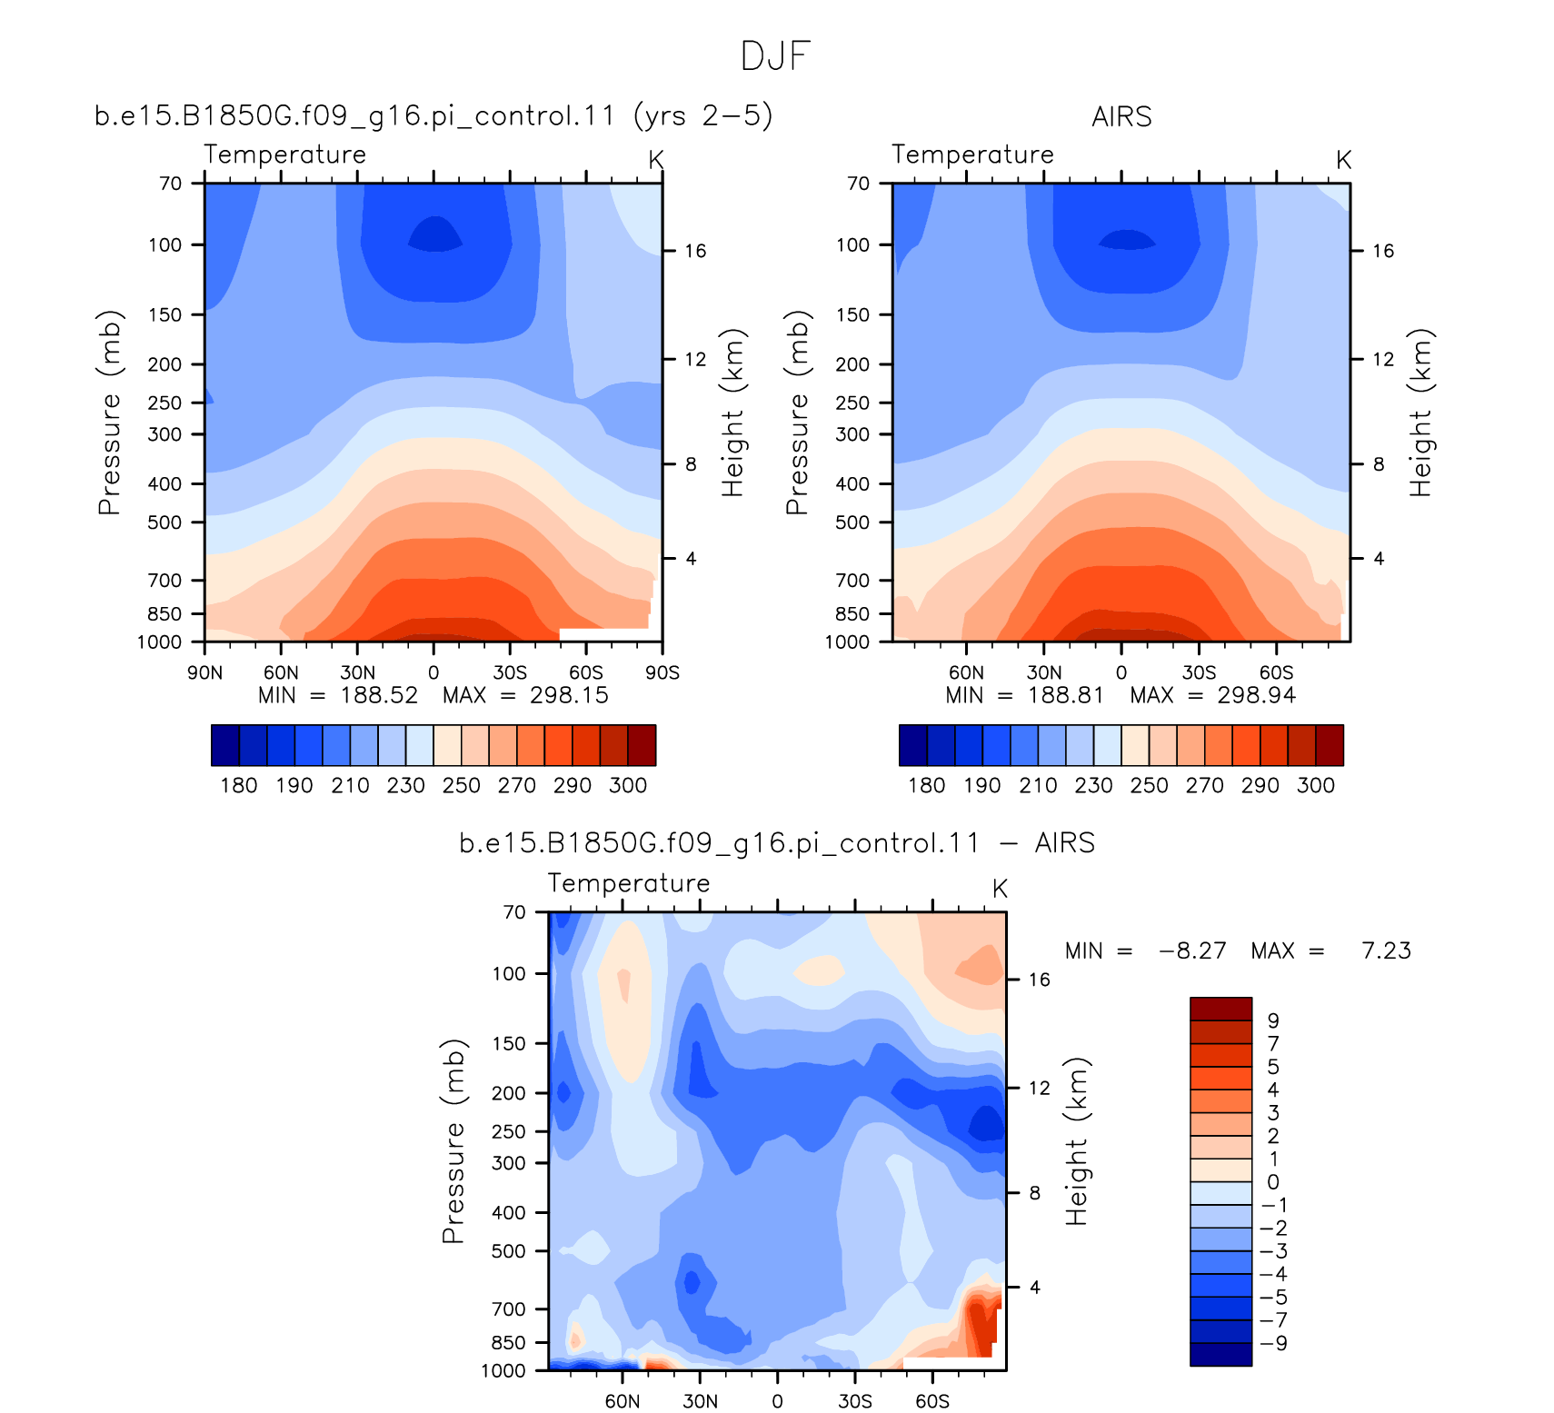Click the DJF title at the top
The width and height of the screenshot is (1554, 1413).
pyautogui.click(x=775, y=56)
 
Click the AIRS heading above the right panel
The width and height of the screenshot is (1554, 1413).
pyautogui.click(x=1121, y=117)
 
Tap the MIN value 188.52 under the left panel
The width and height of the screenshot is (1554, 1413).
pyautogui.click(x=379, y=695)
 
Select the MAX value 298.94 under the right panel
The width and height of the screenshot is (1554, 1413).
pyautogui.click(x=1257, y=695)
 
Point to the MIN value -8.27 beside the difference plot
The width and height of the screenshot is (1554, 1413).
pyautogui.click(x=1192, y=951)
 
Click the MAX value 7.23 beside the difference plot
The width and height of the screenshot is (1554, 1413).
pyautogui.click(x=1386, y=951)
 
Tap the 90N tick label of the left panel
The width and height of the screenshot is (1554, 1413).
pyautogui.click(x=204, y=672)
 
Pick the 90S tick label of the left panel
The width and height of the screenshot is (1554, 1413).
pyautogui.click(x=662, y=672)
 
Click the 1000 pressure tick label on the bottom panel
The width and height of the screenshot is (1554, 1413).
pyautogui.click(x=503, y=1371)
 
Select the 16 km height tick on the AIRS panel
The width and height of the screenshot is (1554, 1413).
pyautogui.click(x=1382, y=251)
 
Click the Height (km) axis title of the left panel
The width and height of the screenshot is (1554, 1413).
pyautogui.click(x=732, y=413)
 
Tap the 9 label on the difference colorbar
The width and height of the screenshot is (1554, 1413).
pyautogui.click(x=1273, y=1020)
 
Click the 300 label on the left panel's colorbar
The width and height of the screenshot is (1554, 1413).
pyautogui.click(x=628, y=785)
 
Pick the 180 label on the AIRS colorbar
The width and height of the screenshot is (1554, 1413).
pyautogui.click(x=927, y=785)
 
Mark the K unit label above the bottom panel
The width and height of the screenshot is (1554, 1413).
pyautogui.click(x=1000, y=889)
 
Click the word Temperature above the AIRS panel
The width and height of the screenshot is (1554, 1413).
pyautogui.click(x=972, y=154)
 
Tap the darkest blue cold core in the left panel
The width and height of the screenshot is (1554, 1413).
pyautogui.click(x=435, y=234)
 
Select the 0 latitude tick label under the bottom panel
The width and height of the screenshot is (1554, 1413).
pyautogui.click(x=777, y=1401)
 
